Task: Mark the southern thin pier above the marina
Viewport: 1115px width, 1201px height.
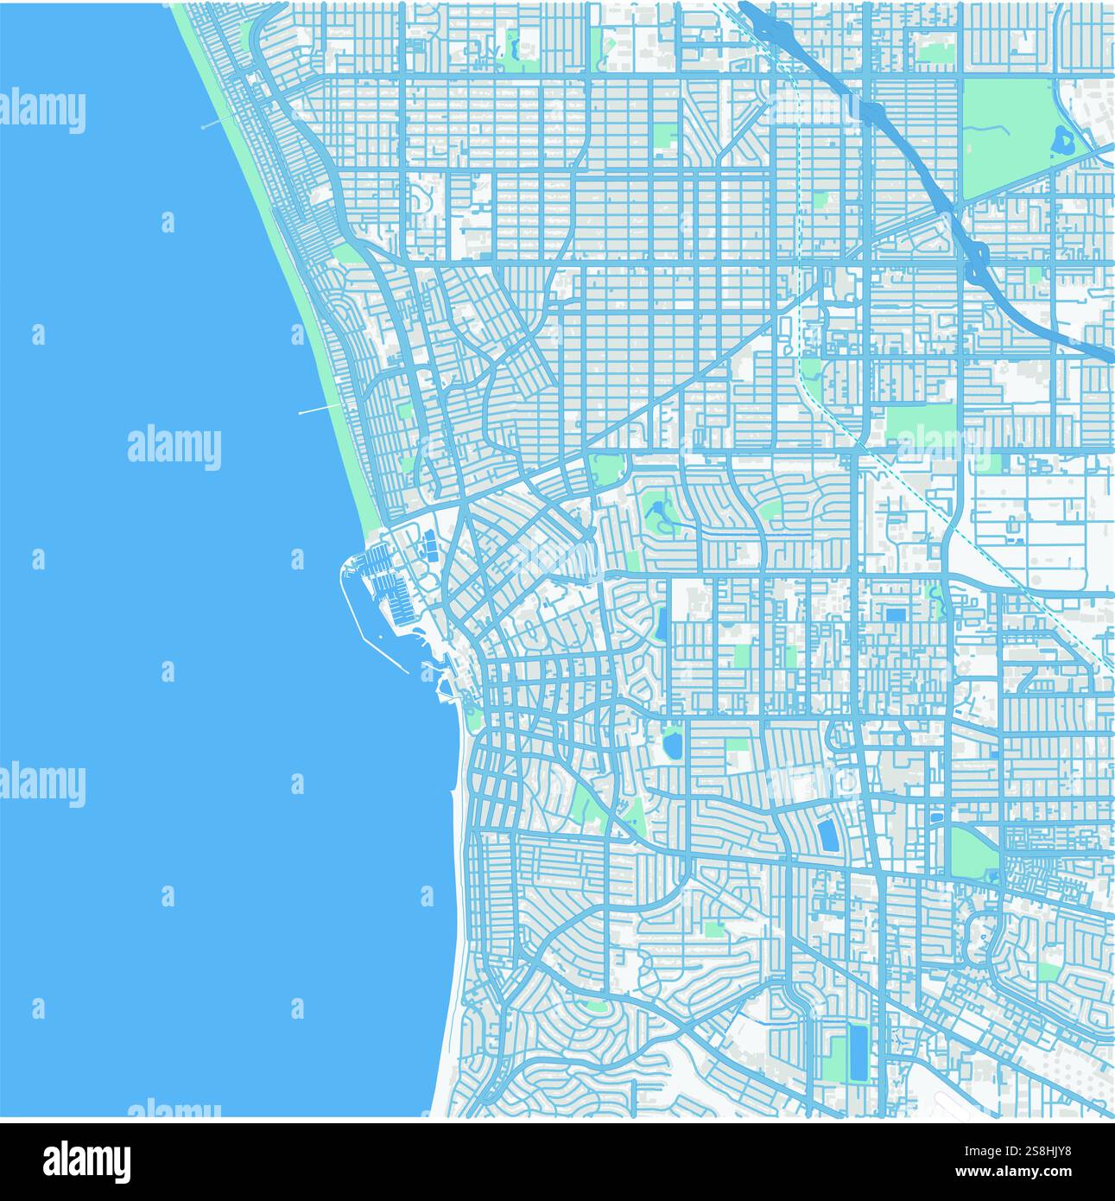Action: click(x=320, y=409)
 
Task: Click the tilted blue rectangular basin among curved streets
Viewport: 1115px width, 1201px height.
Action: click(x=827, y=835)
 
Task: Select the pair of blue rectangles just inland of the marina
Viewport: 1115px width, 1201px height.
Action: click(x=428, y=547)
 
